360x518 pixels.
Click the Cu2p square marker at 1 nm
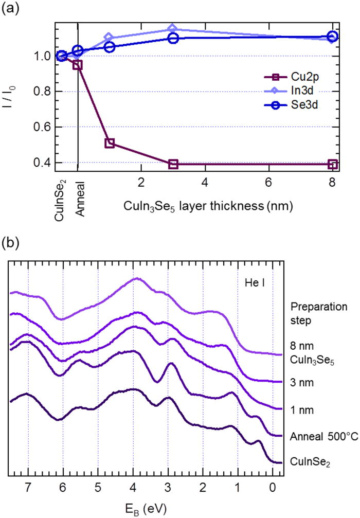(x=109, y=143)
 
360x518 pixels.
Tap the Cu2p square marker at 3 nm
(x=173, y=164)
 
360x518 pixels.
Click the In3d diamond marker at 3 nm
(x=173, y=29)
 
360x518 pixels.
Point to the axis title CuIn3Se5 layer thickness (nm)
(x=208, y=206)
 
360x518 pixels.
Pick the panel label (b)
(x=11, y=242)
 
